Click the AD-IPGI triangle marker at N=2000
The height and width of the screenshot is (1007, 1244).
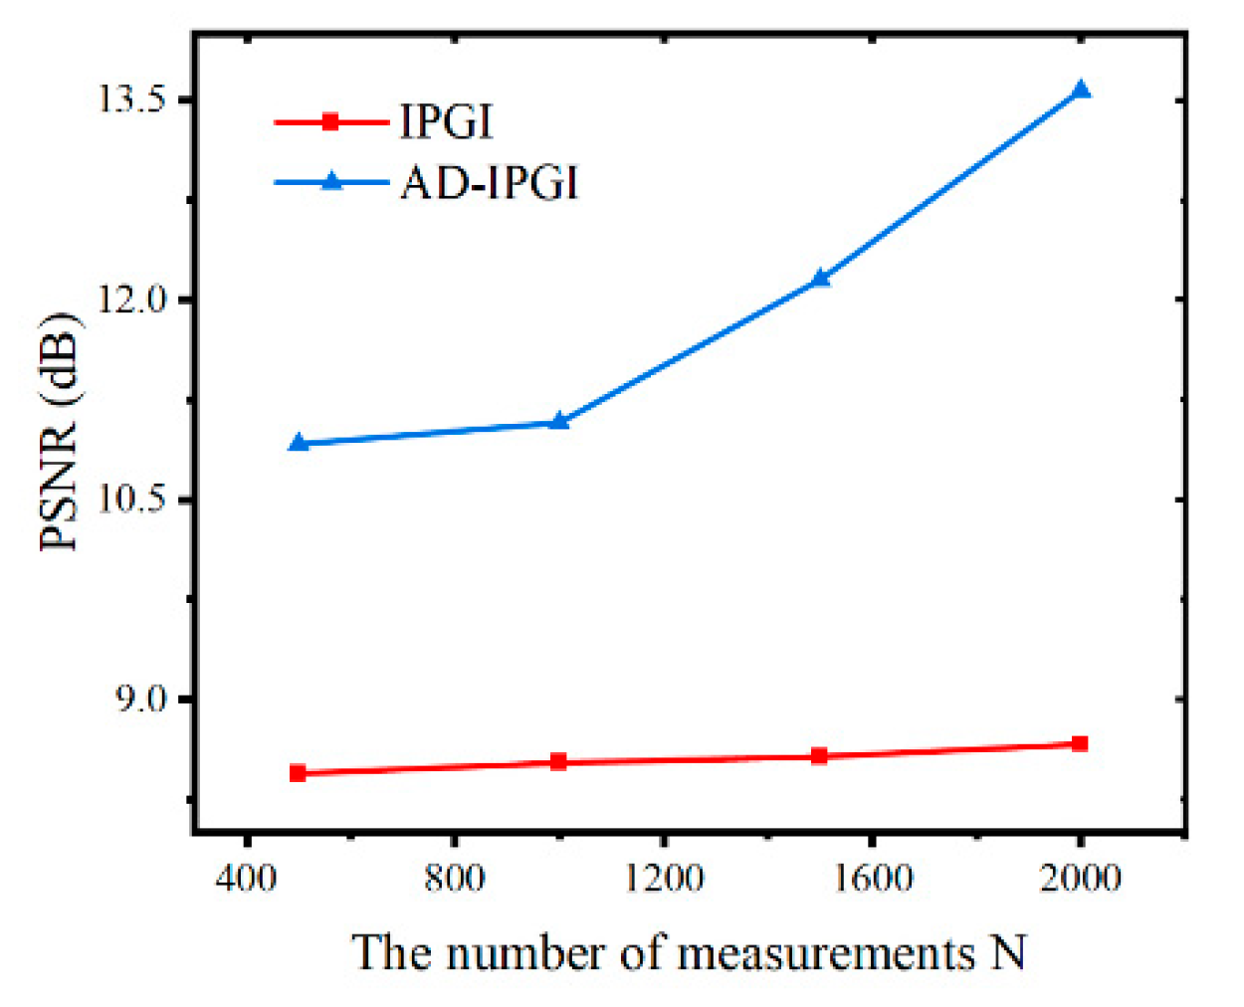coord(1081,91)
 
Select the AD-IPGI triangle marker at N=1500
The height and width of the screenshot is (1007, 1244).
coord(820,278)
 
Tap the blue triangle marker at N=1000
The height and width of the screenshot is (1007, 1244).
coord(559,421)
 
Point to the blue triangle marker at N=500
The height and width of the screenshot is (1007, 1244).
coord(298,443)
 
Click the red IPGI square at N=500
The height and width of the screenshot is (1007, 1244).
coord(298,773)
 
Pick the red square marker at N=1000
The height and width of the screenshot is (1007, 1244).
coord(558,762)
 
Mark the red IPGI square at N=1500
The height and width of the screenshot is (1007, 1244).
coord(819,756)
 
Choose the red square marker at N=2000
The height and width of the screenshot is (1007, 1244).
coord(1080,744)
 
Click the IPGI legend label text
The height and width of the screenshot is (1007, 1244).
coord(446,122)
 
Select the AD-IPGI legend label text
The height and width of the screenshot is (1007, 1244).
coord(490,183)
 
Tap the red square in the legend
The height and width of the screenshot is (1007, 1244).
coord(331,122)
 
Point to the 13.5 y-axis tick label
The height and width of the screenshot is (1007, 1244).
coord(130,101)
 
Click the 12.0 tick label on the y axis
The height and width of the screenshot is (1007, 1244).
coord(130,300)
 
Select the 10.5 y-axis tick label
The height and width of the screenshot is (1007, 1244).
coord(130,500)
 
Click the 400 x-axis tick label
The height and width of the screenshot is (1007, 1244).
coord(246,879)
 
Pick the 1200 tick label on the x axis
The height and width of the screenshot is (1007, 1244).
coord(663,879)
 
